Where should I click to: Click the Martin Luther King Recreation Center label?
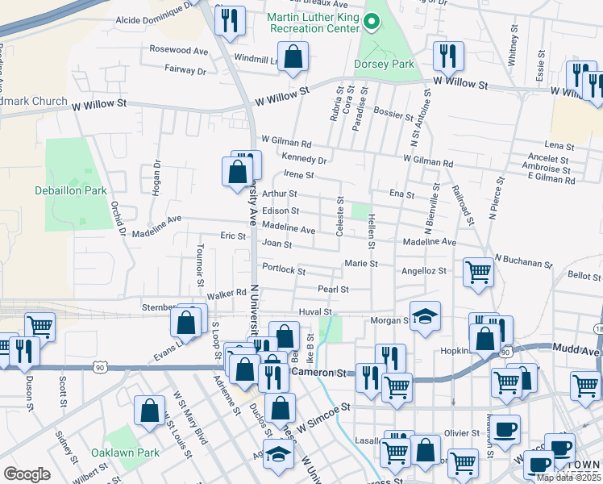(313, 22)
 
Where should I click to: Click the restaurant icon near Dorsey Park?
(446, 56)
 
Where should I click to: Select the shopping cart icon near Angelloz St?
(478, 272)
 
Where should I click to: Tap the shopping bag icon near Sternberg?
(186, 323)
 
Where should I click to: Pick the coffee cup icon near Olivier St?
(505, 428)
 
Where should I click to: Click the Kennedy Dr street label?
(304, 159)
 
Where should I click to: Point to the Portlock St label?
(281, 268)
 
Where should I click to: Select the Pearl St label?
(333, 289)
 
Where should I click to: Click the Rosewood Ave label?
(179, 50)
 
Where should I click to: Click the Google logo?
(27, 474)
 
